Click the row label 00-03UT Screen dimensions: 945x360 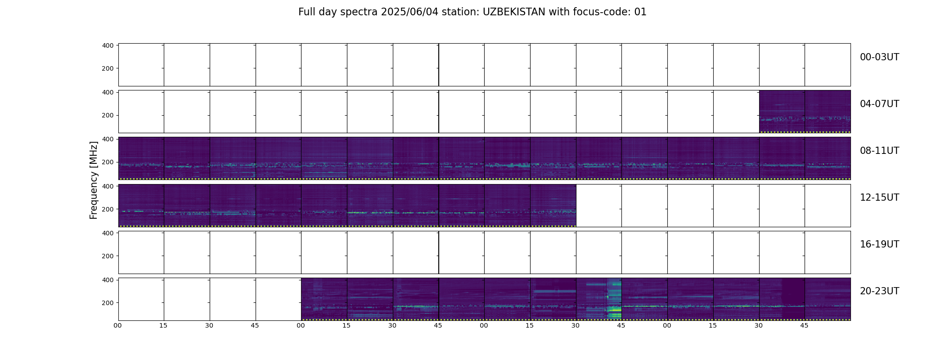[x=879, y=57]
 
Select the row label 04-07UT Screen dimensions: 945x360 [x=879, y=104]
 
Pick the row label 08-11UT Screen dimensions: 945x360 [x=879, y=151]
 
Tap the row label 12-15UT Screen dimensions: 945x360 [x=879, y=198]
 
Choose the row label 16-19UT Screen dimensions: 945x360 [x=879, y=244]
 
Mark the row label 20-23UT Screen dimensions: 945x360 [x=879, y=291]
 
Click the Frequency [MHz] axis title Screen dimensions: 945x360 [x=94, y=180]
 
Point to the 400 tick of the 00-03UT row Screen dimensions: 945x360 [x=108, y=45]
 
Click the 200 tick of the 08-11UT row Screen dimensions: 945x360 [x=108, y=162]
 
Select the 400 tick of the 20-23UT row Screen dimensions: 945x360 [x=108, y=280]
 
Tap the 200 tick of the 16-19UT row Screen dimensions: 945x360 [x=108, y=256]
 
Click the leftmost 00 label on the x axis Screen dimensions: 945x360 [x=118, y=325]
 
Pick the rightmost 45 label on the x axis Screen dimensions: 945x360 [x=804, y=325]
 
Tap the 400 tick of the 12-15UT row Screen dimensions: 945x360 [x=108, y=186]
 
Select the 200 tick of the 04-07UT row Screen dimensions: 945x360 [x=108, y=116]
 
